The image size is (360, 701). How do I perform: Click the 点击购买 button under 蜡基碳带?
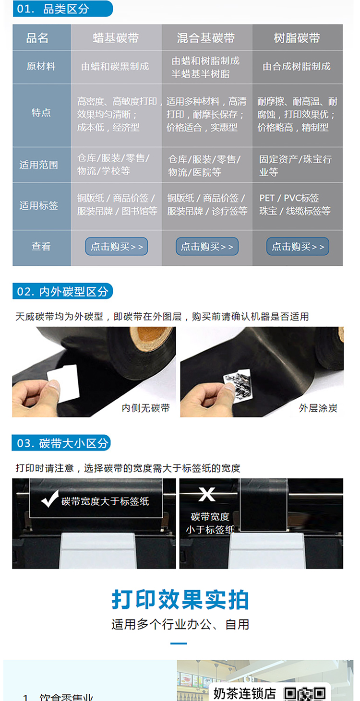(117, 246)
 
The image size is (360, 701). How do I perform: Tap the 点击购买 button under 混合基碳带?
(207, 246)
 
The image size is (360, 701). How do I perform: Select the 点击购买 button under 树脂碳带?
(298, 246)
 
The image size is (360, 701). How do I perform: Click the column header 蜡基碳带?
(116, 38)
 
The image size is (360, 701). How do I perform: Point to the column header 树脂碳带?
(297, 38)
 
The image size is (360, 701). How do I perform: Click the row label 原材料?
(41, 66)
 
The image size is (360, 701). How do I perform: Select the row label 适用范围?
(39, 165)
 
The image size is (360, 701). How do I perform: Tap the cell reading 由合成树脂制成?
(297, 66)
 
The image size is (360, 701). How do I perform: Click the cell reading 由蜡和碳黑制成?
(115, 66)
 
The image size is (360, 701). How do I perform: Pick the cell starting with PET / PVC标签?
(295, 204)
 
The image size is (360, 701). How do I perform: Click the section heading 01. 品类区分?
(62, 9)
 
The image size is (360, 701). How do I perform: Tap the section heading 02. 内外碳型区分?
(62, 291)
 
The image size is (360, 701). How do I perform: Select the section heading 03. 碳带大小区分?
(61, 443)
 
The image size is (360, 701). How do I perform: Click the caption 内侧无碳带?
(145, 408)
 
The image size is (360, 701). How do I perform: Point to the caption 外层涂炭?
(318, 408)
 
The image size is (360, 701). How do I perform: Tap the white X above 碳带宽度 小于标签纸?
(207, 494)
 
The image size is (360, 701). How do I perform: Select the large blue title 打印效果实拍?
(180, 600)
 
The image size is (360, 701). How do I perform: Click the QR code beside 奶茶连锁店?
(305, 694)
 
